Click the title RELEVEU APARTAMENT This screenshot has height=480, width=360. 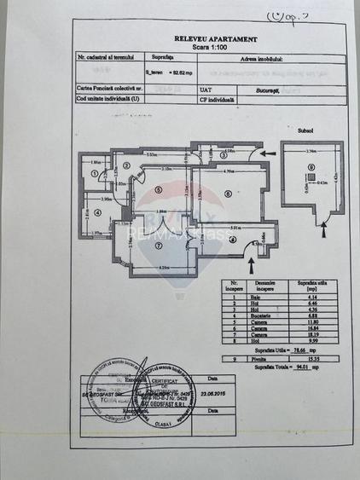(215, 38)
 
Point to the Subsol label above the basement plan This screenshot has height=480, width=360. (318, 132)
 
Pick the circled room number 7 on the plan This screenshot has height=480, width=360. (160, 246)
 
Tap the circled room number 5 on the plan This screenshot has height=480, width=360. (159, 190)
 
